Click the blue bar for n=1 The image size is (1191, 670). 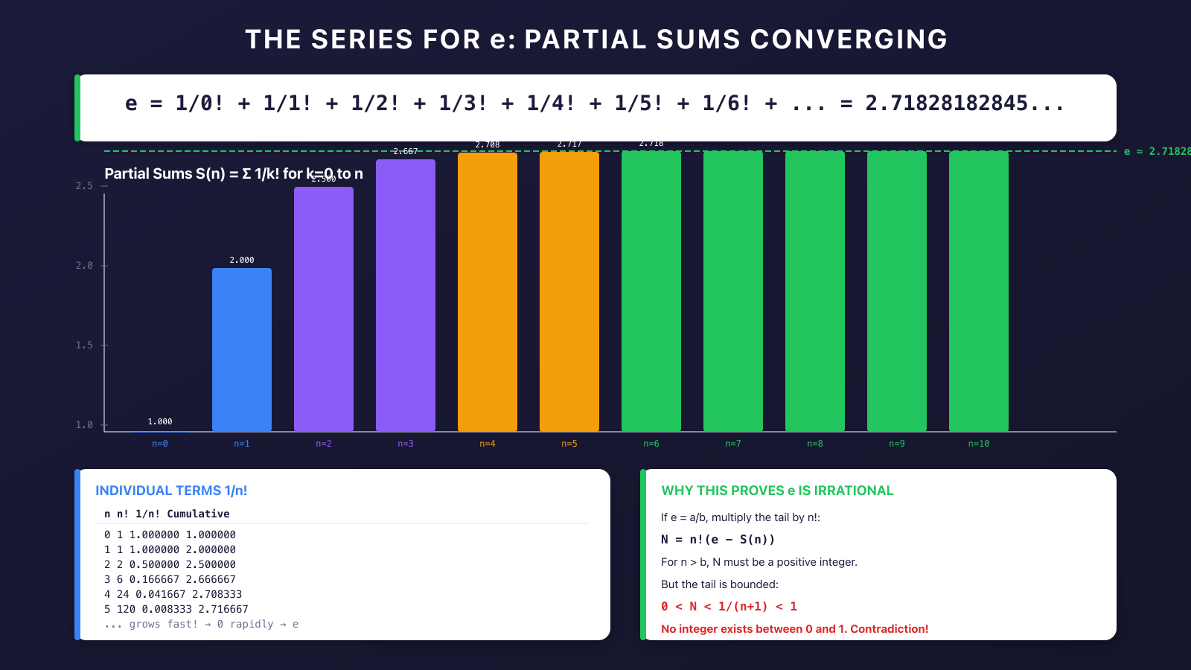(x=242, y=350)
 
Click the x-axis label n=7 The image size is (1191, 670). (x=733, y=444)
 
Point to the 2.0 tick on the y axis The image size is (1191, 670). (x=84, y=266)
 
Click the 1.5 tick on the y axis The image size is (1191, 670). (x=84, y=345)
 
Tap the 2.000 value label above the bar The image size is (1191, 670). (x=242, y=260)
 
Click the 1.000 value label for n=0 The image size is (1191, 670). (x=160, y=421)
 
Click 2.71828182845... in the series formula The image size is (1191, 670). (x=965, y=103)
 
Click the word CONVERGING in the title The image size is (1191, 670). (x=849, y=39)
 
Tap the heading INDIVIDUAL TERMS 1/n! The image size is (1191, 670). (x=171, y=491)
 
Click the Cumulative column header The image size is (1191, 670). (x=198, y=514)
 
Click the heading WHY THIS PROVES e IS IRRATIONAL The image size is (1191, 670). (x=777, y=491)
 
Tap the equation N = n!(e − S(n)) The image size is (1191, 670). (x=718, y=540)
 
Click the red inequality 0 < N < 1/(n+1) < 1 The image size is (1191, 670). (x=729, y=607)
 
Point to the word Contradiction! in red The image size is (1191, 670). (x=890, y=629)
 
